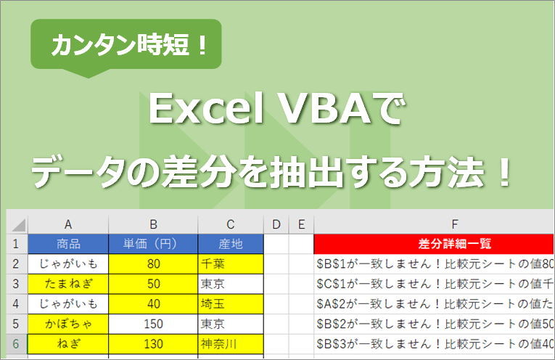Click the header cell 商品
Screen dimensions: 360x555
pos(68,243)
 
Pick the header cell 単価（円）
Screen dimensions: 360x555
pos(152,243)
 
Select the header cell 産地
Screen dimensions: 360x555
pos(230,243)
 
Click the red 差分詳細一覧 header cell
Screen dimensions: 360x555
pos(434,243)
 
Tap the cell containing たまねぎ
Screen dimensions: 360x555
pos(68,283)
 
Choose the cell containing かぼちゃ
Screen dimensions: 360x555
pos(68,323)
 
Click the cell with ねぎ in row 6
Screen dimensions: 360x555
pos(68,343)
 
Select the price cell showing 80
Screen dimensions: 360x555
pos(152,263)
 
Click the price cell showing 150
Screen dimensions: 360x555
pos(152,323)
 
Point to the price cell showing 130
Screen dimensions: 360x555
pos(152,343)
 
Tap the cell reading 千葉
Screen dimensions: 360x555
pos(230,263)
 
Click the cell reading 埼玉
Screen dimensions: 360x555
pos(230,303)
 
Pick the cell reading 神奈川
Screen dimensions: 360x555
pos(230,343)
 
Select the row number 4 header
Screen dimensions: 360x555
pos(16,303)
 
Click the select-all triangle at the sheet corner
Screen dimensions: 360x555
pos(17,225)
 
